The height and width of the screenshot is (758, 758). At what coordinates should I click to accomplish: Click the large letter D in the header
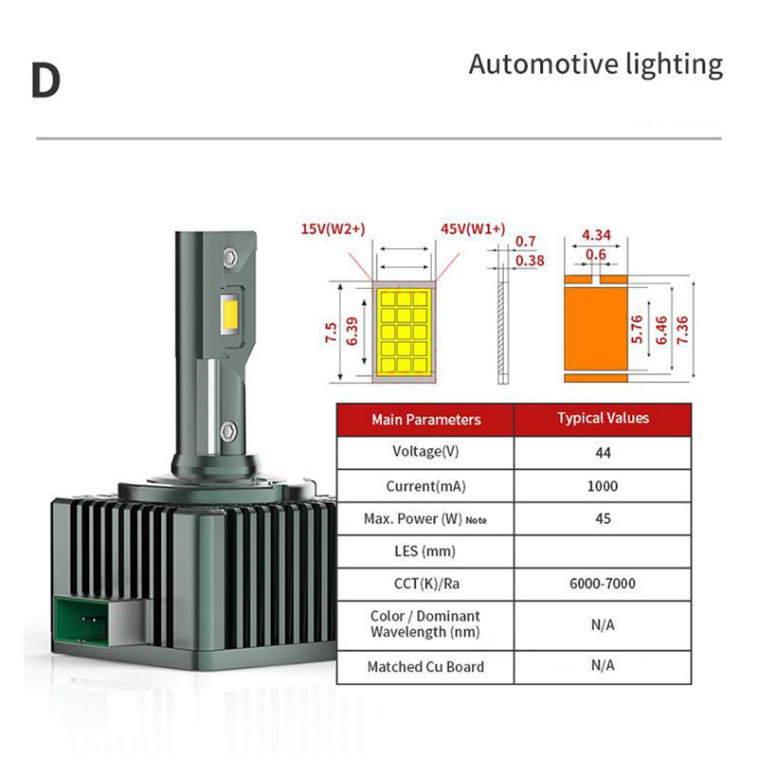click(x=45, y=81)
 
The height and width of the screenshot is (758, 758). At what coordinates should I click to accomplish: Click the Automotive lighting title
click(x=595, y=64)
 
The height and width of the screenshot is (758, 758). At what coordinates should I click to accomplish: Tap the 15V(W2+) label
click(x=333, y=229)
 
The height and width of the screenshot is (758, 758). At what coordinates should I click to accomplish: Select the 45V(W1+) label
click(x=473, y=229)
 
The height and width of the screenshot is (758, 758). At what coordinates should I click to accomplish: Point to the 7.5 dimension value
click(x=331, y=333)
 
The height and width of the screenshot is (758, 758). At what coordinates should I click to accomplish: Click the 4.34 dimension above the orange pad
click(x=596, y=234)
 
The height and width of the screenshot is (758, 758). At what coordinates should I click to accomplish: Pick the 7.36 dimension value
click(x=682, y=329)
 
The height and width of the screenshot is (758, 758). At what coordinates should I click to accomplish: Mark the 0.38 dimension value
click(x=530, y=261)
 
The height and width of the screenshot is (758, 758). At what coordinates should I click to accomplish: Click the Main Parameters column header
click(x=425, y=419)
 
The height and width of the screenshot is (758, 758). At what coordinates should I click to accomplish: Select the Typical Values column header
click(x=603, y=418)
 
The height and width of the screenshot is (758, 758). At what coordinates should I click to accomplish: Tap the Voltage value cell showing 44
click(x=603, y=452)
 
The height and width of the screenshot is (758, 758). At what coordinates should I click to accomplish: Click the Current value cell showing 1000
click(x=603, y=486)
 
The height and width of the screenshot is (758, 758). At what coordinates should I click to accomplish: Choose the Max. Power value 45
click(x=603, y=518)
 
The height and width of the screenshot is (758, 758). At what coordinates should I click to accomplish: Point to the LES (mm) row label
click(x=425, y=550)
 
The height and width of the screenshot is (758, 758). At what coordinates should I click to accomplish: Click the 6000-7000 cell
click(x=603, y=585)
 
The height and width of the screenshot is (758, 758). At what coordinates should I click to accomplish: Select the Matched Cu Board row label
click(x=425, y=667)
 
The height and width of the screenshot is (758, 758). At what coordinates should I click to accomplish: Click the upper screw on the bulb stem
click(x=229, y=256)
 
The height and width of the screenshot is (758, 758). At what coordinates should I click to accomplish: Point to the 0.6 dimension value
click(x=596, y=254)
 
